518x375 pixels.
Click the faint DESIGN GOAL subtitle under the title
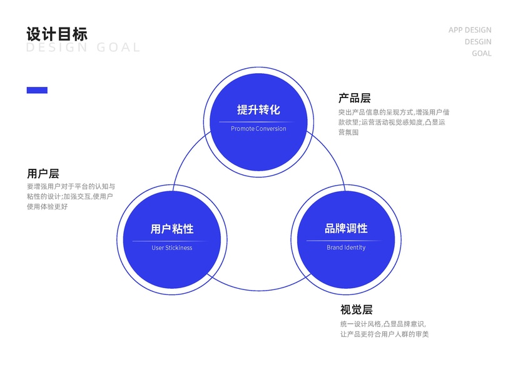[x=83, y=48]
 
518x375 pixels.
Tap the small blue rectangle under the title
[x=37, y=90]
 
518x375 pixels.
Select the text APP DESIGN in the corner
[x=470, y=30]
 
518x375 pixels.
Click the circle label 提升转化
[x=258, y=109]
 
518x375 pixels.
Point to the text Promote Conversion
[x=258, y=129]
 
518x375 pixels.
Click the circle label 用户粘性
[x=172, y=229]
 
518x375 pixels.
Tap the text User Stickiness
[x=172, y=247]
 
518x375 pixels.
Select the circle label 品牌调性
[x=346, y=229]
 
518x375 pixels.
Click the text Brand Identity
[x=346, y=247]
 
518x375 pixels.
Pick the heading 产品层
[x=354, y=98]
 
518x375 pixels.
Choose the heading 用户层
[x=43, y=173]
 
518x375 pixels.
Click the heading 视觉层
[x=357, y=309]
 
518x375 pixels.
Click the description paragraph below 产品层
[x=394, y=122]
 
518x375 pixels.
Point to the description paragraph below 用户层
[x=71, y=196]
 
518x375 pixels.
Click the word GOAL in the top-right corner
[x=481, y=53]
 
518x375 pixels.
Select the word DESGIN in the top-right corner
[x=477, y=42]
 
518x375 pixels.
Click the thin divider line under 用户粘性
[x=172, y=241]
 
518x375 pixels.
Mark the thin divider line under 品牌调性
[x=346, y=241]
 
